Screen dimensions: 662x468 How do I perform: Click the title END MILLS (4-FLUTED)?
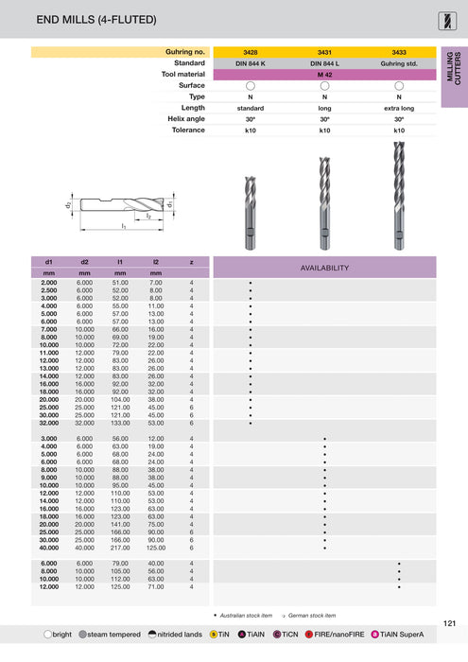83,19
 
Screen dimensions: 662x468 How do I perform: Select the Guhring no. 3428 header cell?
251,51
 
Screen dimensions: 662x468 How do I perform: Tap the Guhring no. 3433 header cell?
399,51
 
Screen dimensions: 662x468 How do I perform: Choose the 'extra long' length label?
399,108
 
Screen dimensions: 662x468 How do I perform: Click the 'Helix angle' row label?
183,119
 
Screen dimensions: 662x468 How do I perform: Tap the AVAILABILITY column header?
324,268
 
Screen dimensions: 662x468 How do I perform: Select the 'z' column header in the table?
192,260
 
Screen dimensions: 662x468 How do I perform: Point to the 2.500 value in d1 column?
48,290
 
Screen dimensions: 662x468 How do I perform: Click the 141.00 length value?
120,525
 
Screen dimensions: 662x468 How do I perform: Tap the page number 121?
450,622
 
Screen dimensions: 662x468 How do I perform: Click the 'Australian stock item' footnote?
246,615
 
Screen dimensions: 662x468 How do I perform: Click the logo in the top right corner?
448,19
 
